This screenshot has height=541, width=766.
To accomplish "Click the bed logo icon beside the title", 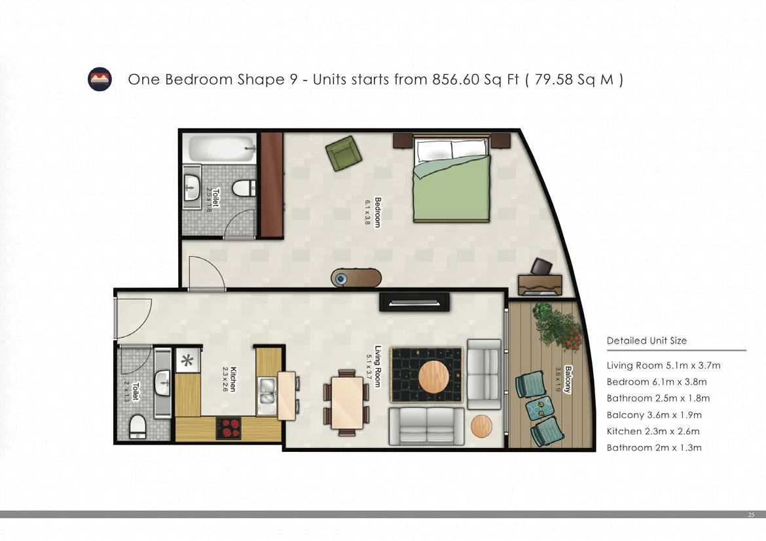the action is click(100, 79).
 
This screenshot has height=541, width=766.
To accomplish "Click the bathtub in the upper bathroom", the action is click(222, 149).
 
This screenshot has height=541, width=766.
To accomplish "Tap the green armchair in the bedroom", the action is click(344, 153).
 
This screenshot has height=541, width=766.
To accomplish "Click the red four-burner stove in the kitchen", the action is click(228, 428).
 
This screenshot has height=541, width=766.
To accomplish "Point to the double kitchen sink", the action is click(266, 396).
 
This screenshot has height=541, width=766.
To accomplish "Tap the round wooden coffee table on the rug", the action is click(433, 376).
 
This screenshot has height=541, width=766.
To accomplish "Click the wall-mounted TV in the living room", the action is click(414, 302).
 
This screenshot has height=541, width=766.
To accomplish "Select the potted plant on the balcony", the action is click(557, 326).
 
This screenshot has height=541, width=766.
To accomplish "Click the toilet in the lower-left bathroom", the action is click(137, 426).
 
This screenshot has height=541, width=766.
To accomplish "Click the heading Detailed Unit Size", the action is click(646, 341).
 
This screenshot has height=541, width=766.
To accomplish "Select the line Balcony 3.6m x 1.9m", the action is click(654, 415).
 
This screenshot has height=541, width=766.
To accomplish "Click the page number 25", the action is click(751, 515).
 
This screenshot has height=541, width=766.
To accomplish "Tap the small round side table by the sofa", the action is click(482, 426).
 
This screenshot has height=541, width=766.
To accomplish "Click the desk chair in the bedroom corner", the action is click(542, 267).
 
